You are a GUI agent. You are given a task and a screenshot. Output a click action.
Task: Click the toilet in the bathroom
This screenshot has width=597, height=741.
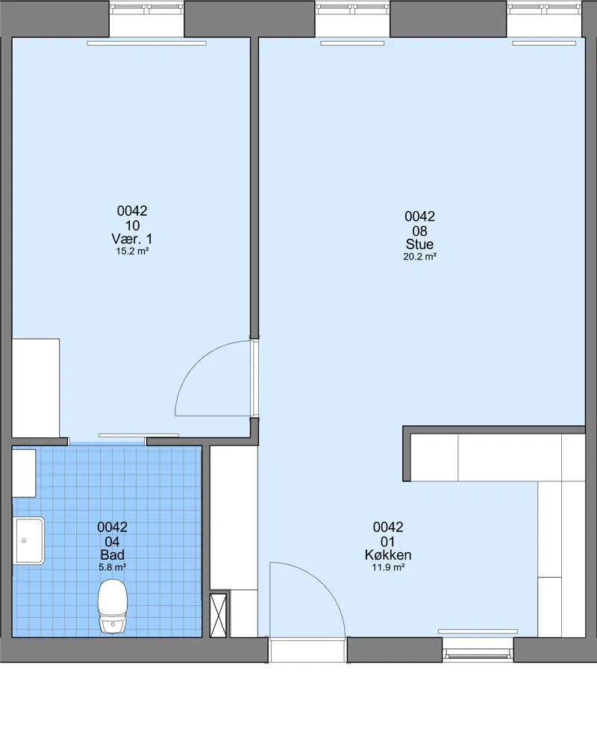coord(113,607)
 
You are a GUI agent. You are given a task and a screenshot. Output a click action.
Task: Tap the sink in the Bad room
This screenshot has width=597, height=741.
coord(29,540)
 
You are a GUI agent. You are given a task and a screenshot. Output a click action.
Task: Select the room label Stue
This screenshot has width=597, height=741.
coord(419,244)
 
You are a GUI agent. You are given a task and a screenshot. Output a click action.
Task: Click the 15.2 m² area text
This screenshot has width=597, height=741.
coord(132,251)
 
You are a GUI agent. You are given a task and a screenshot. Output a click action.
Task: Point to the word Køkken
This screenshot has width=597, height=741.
coord(388,554)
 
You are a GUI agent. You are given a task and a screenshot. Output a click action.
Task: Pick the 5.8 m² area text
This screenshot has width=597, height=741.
coord(113,567)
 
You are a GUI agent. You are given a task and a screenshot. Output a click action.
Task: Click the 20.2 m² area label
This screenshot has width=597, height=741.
coord(419,257)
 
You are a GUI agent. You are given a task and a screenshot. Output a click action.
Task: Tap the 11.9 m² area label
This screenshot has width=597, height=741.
coord(388,567)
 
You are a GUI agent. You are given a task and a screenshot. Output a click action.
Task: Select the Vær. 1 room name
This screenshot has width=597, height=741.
coord(132,239)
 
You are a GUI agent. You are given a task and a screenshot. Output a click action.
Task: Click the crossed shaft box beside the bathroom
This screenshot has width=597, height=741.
coord(219,616)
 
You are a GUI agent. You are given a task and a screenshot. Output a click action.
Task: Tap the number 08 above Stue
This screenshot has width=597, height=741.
coord(419,231)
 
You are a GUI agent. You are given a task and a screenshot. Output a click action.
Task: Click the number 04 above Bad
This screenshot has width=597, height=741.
coord(112,542)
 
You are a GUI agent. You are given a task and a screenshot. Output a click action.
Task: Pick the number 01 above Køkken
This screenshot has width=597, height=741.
coord(387,542)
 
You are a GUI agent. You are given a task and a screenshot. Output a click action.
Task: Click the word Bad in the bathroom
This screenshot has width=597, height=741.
coord(113,554)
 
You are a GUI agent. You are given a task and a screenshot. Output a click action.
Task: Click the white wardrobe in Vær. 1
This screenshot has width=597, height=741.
coord(36,388)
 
